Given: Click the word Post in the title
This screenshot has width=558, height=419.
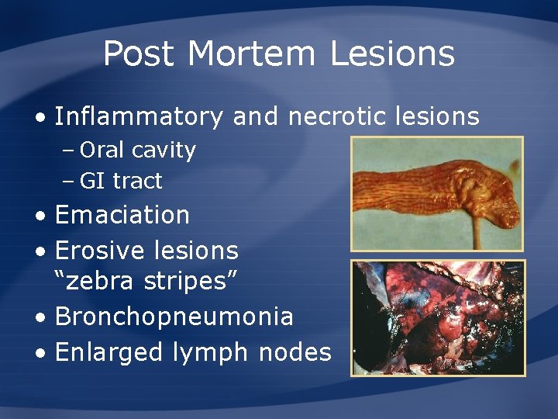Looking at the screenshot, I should tap(139, 54).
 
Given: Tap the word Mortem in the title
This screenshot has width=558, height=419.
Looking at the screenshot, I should tap(252, 54).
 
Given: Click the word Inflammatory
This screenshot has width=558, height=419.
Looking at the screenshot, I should tap(139, 116).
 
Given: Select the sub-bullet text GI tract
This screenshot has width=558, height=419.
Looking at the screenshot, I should tap(121, 181).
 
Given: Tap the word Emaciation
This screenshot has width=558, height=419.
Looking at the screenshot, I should tap(122, 214).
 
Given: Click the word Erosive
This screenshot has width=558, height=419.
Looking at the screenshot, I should tap(98, 250).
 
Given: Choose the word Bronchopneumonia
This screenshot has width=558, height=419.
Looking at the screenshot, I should tap(174, 317).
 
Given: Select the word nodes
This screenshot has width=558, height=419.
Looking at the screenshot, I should tap(295, 352).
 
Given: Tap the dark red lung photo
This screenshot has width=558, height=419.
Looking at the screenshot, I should tap(438, 318).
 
